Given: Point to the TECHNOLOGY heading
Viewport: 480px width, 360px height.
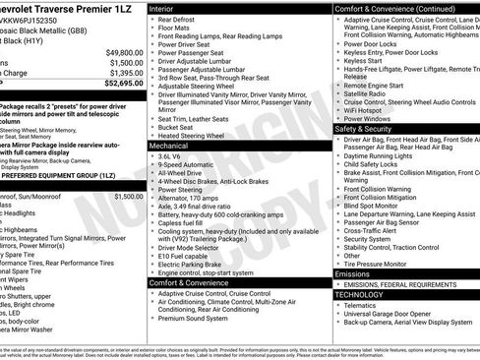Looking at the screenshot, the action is [x=359, y=294].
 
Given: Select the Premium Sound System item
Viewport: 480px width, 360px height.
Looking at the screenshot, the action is [x=199, y=319].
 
